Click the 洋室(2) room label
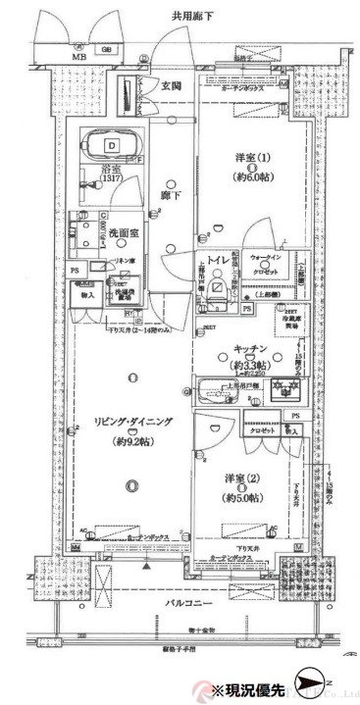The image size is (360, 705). pyautogui.click(x=240, y=479)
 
